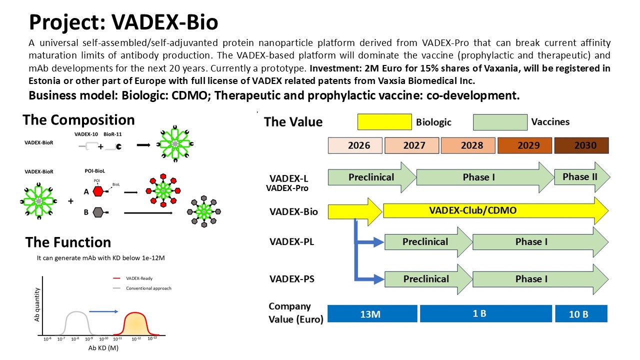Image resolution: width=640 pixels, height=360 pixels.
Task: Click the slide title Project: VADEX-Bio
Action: point(123,22)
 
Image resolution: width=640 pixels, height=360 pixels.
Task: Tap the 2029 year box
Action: point(525,145)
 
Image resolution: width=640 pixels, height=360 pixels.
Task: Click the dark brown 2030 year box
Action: point(581,145)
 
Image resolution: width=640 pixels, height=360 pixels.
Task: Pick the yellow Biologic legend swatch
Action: point(384,122)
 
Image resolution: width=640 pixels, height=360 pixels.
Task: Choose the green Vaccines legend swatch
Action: point(500,122)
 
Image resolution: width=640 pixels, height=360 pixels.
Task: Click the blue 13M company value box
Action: point(372,313)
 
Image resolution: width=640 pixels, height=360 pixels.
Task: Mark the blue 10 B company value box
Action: point(581,313)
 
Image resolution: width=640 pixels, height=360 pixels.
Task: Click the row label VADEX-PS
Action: point(291,279)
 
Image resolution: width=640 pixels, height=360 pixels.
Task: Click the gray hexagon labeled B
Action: point(98,212)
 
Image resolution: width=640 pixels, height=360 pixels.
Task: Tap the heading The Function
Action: point(68,242)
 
